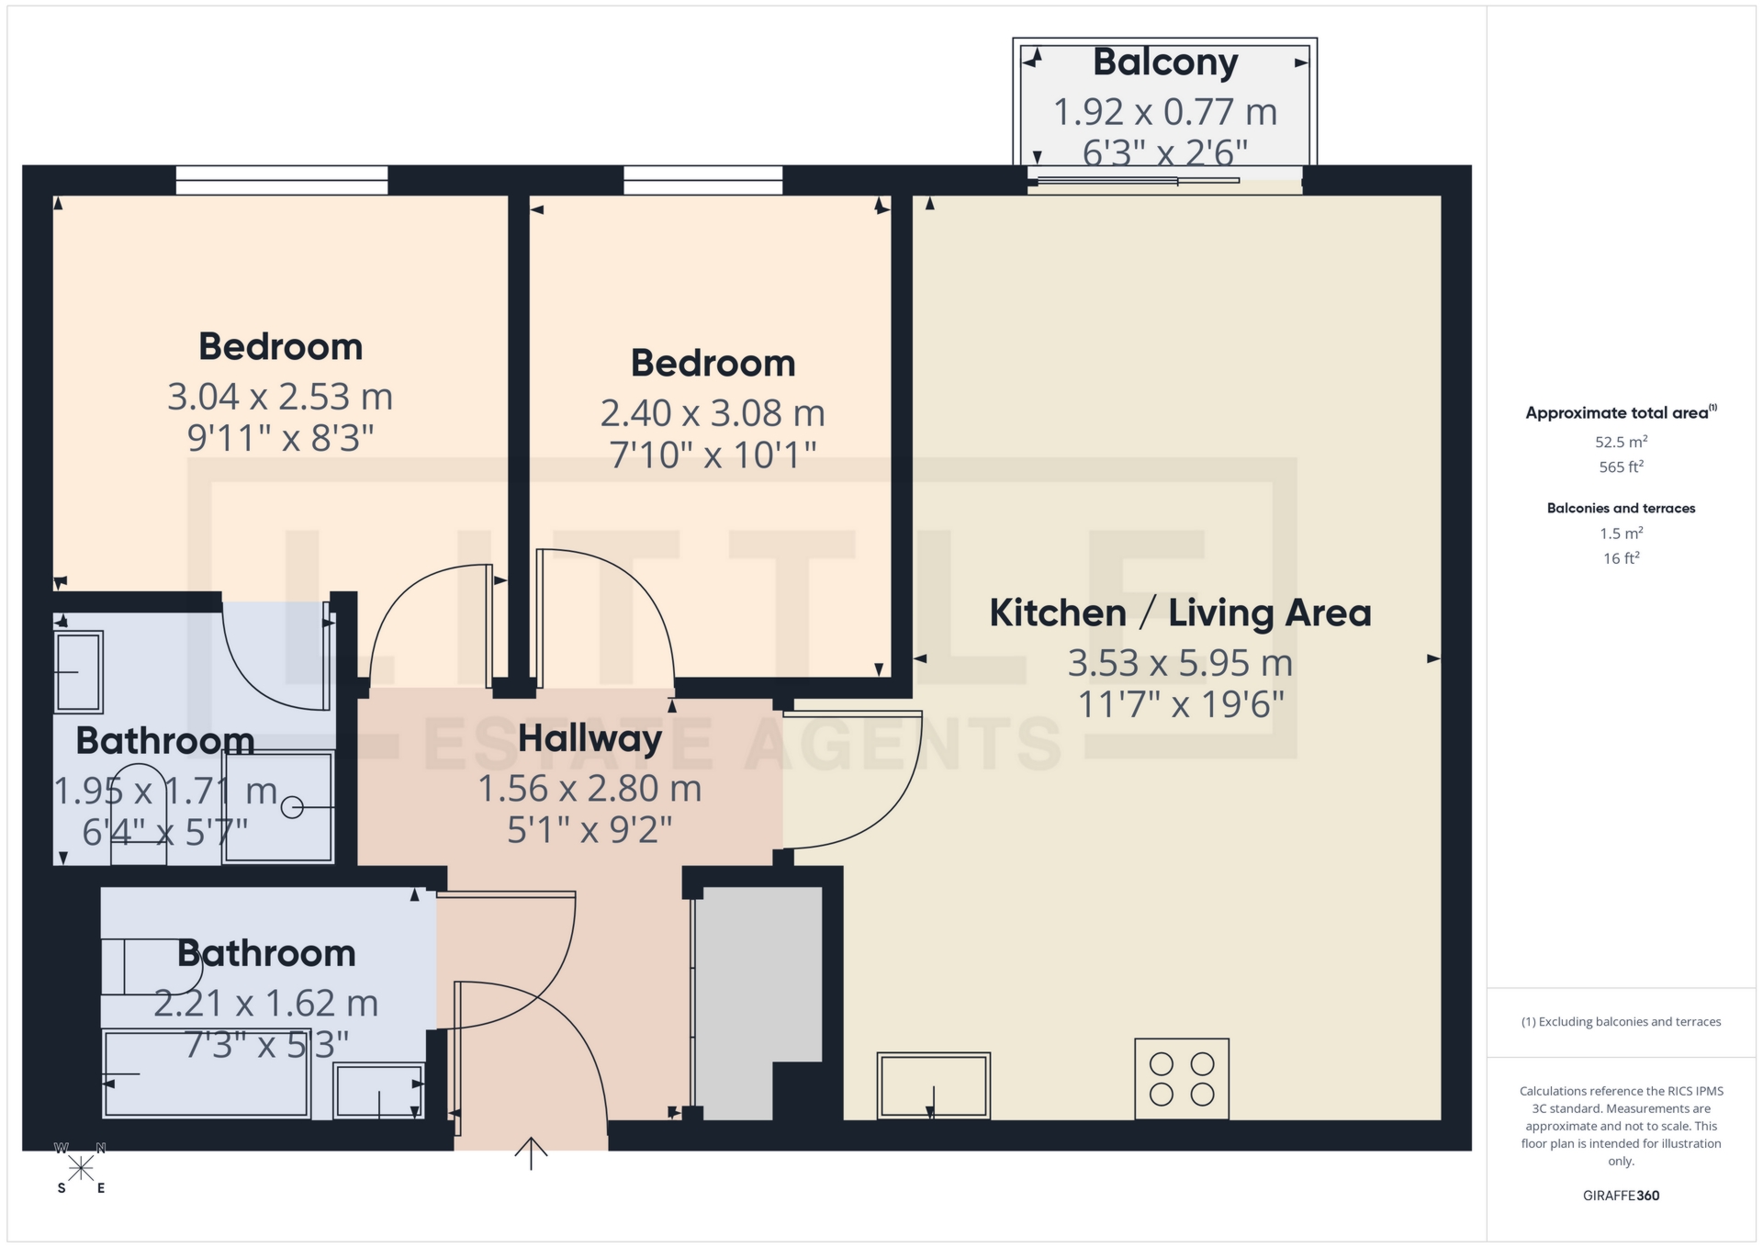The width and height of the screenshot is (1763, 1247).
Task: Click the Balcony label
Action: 1164,62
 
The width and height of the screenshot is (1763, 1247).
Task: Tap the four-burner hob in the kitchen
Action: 1181,1078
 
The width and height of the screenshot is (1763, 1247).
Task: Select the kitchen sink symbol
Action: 933,1084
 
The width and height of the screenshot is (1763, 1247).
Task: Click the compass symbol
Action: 81,1168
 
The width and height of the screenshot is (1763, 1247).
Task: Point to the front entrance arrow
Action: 531,1153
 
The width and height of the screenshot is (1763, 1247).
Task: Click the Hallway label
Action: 590,739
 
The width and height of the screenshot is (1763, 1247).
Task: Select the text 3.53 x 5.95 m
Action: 1179,663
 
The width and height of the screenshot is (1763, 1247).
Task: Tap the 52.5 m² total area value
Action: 1620,442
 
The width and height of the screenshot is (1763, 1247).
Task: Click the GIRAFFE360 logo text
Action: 1620,1196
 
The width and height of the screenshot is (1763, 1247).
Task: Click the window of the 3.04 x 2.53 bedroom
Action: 282,180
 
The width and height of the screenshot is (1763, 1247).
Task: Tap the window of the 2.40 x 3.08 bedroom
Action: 702,180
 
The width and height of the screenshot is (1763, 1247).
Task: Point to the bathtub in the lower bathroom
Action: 206,1073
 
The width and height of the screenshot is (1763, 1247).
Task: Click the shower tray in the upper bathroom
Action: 278,806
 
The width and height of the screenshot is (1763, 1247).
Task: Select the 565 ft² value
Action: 1620,466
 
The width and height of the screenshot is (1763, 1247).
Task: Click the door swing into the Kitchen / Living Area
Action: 854,781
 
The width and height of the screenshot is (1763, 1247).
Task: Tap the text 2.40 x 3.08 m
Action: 713,413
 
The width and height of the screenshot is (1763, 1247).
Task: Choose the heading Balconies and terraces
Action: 1620,508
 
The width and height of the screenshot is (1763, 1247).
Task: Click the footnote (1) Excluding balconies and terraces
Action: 1620,1021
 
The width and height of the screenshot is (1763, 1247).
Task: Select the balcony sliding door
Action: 1139,180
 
